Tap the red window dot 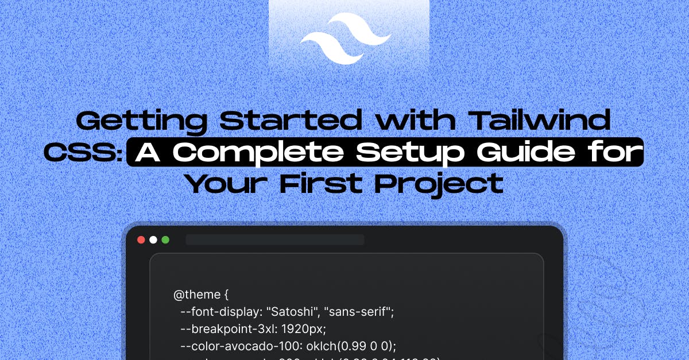click(x=141, y=240)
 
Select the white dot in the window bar click(x=153, y=240)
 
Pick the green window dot click(x=165, y=240)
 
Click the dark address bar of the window click(x=274, y=240)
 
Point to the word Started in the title click(x=291, y=122)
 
